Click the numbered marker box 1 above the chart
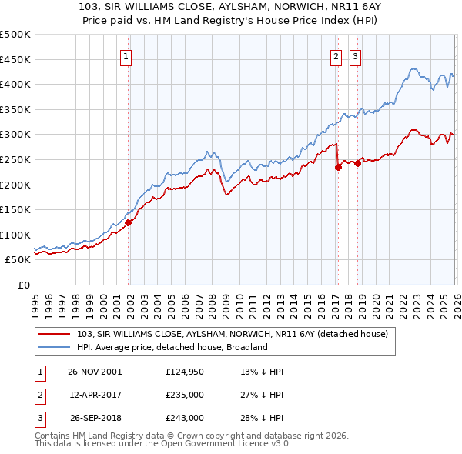point(126,55)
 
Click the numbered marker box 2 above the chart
point(336,55)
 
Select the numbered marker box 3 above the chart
point(355,55)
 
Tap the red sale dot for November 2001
point(129,222)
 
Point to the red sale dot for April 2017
point(338,167)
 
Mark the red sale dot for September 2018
point(357,163)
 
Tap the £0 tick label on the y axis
point(24,285)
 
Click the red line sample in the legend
point(55,334)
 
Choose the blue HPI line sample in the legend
point(55,347)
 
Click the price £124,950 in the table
point(184,372)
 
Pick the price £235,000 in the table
point(184,395)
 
